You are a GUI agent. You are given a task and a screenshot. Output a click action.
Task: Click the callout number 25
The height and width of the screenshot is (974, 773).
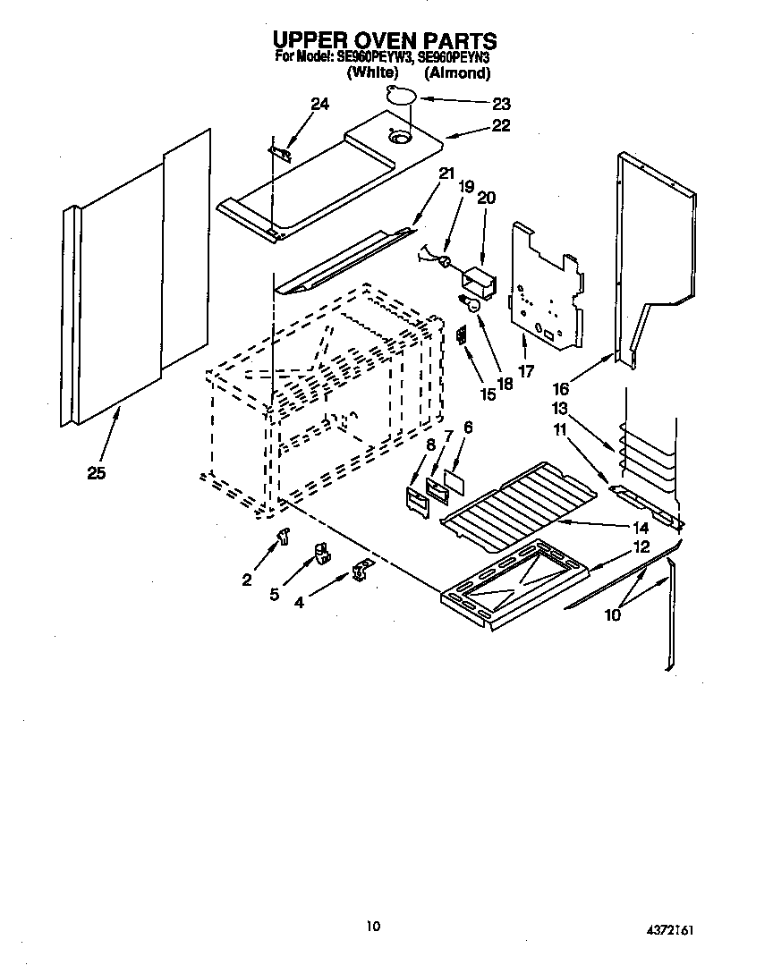point(97,473)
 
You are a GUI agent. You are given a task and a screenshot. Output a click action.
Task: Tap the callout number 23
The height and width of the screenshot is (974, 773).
point(501,103)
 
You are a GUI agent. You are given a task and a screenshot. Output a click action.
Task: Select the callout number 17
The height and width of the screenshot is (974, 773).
point(525,370)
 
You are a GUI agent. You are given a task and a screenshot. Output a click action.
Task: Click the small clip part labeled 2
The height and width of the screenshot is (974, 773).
point(285,536)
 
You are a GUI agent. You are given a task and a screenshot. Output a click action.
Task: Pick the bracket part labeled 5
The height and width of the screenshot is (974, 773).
point(319,555)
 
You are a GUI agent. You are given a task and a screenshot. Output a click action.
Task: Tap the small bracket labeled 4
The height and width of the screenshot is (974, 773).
point(361,570)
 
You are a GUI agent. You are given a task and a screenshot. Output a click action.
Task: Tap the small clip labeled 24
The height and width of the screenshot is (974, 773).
point(280,153)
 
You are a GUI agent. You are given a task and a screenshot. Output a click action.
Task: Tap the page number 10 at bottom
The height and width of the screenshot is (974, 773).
point(373,926)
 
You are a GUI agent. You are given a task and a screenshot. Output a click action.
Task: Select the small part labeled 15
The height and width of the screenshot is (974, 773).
point(462,335)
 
